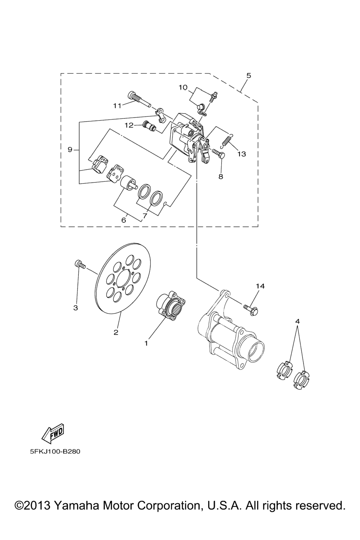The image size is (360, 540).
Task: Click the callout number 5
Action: coord(249,76)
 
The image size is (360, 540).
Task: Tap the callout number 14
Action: coord(261,286)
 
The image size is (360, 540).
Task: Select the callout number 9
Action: coord(70,150)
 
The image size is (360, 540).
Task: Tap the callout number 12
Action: coord(129,126)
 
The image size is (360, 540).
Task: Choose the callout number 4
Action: coord(298,321)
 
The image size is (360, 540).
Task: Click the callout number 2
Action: coord(116,333)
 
